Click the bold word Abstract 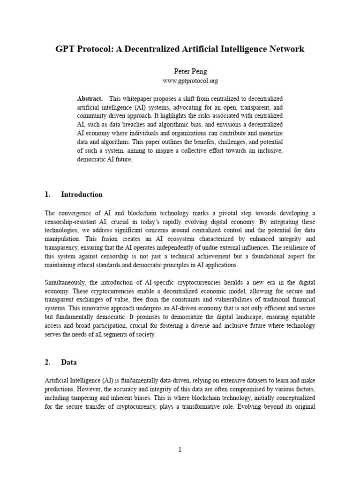[90, 99]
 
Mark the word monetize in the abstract [269, 133]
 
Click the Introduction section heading [82, 195]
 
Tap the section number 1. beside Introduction [47, 195]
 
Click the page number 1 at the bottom [180, 450]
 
